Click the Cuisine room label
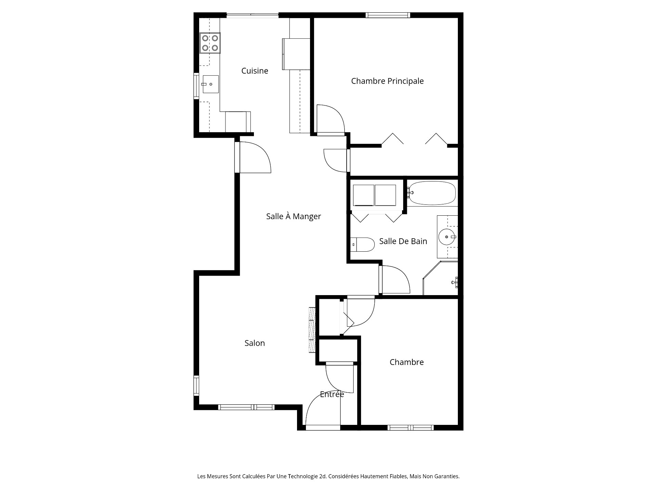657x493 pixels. [x=255, y=71]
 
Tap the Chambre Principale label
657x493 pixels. [x=387, y=81]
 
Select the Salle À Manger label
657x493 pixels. [x=294, y=216]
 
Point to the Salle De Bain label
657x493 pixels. [x=403, y=241]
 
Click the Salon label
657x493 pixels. [x=255, y=343]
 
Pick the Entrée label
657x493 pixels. [x=332, y=394]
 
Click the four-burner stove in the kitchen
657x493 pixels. [x=210, y=43]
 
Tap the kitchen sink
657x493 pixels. [x=210, y=84]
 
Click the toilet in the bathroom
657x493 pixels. [x=362, y=244]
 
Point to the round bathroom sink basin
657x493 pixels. [x=447, y=237]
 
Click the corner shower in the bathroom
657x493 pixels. [x=441, y=278]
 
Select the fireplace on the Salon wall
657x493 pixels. [x=312, y=330]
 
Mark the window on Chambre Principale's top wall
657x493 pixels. [x=387, y=15]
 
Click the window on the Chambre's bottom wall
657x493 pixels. [x=411, y=428]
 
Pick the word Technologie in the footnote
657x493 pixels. [x=305, y=476]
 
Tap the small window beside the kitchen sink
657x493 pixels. [x=196, y=86]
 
